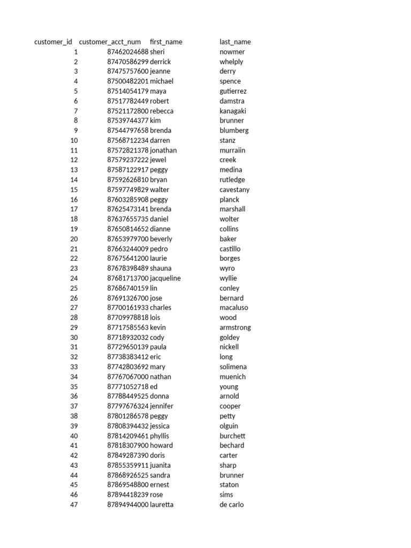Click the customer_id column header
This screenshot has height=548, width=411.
coord(53,42)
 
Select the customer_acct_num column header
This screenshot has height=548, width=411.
coord(110,42)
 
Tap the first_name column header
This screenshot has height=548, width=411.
coord(166,42)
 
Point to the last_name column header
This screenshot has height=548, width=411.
coord(235,42)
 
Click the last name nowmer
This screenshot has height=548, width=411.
coord(232,52)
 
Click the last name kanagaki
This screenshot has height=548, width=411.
coord(234,111)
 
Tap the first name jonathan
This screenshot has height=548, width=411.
coord(163,150)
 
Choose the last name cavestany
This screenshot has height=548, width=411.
coord(234,189)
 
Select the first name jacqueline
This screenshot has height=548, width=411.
coord(165,278)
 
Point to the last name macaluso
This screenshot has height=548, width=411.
coord(234,308)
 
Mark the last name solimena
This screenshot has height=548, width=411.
coord(233,367)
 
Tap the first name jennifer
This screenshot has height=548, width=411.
coord(162,406)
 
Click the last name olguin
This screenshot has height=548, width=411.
coord(229,426)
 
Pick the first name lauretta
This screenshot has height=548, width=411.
coord(162,505)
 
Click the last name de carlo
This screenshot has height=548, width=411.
coord(231,505)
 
